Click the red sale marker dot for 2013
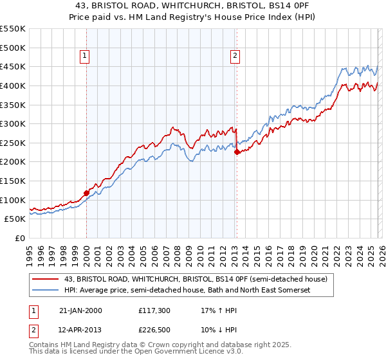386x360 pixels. (x=237, y=152)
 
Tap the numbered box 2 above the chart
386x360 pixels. (x=236, y=57)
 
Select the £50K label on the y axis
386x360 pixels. (x=15, y=219)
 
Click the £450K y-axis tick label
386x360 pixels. (x=13, y=66)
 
